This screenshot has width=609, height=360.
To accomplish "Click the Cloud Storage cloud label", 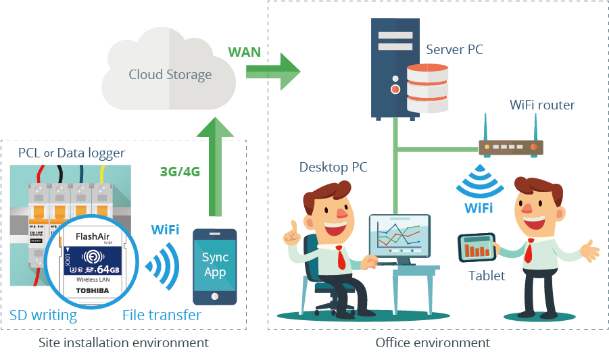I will point(170,74).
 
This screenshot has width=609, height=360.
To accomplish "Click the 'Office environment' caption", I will point(433,343).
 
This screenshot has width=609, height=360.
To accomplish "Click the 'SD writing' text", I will point(43,315).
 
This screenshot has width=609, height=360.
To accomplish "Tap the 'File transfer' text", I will point(162,315).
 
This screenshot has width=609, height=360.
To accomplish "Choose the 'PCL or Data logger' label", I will point(71,153).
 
